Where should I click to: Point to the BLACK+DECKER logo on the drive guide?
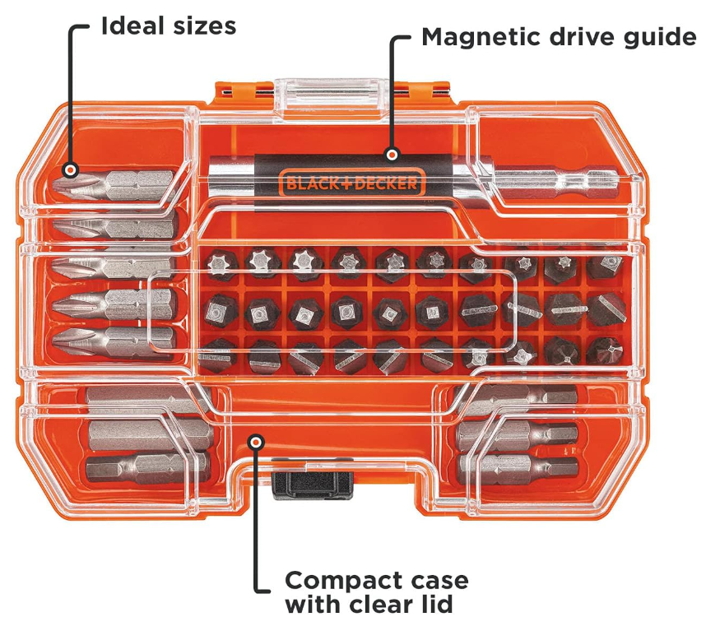pos(352,183)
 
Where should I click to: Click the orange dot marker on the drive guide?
pos(392,154)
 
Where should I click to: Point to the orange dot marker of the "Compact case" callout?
pos(258,443)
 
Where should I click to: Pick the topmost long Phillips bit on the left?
pos(115,183)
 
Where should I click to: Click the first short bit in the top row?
pos(218,264)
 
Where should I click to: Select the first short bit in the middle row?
pos(218,311)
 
